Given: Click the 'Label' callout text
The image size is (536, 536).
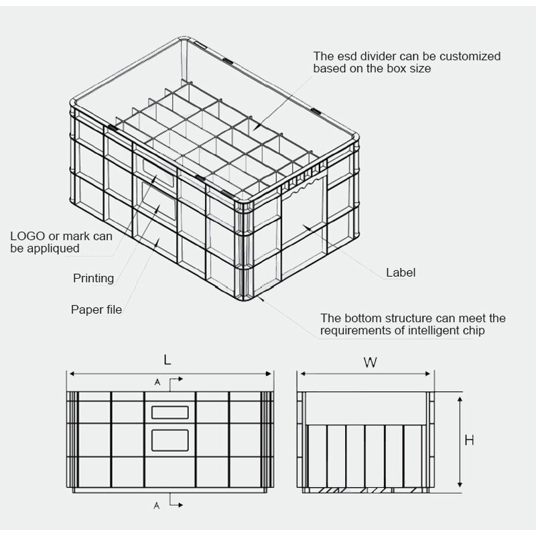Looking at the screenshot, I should [x=401, y=273].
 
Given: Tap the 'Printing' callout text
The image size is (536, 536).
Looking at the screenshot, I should [x=93, y=278].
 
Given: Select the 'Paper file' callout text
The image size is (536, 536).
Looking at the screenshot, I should [x=96, y=310].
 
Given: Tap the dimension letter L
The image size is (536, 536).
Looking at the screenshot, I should [x=167, y=360].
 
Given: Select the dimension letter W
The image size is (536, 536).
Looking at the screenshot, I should [x=370, y=362].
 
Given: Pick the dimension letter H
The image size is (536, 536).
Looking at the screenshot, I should [x=469, y=440].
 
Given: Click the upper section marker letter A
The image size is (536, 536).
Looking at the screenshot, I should [x=157, y=382].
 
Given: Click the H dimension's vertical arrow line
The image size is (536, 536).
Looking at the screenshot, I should [x=460, y=441].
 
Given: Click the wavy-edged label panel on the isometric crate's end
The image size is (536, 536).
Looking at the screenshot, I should [x=303, y=224].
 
